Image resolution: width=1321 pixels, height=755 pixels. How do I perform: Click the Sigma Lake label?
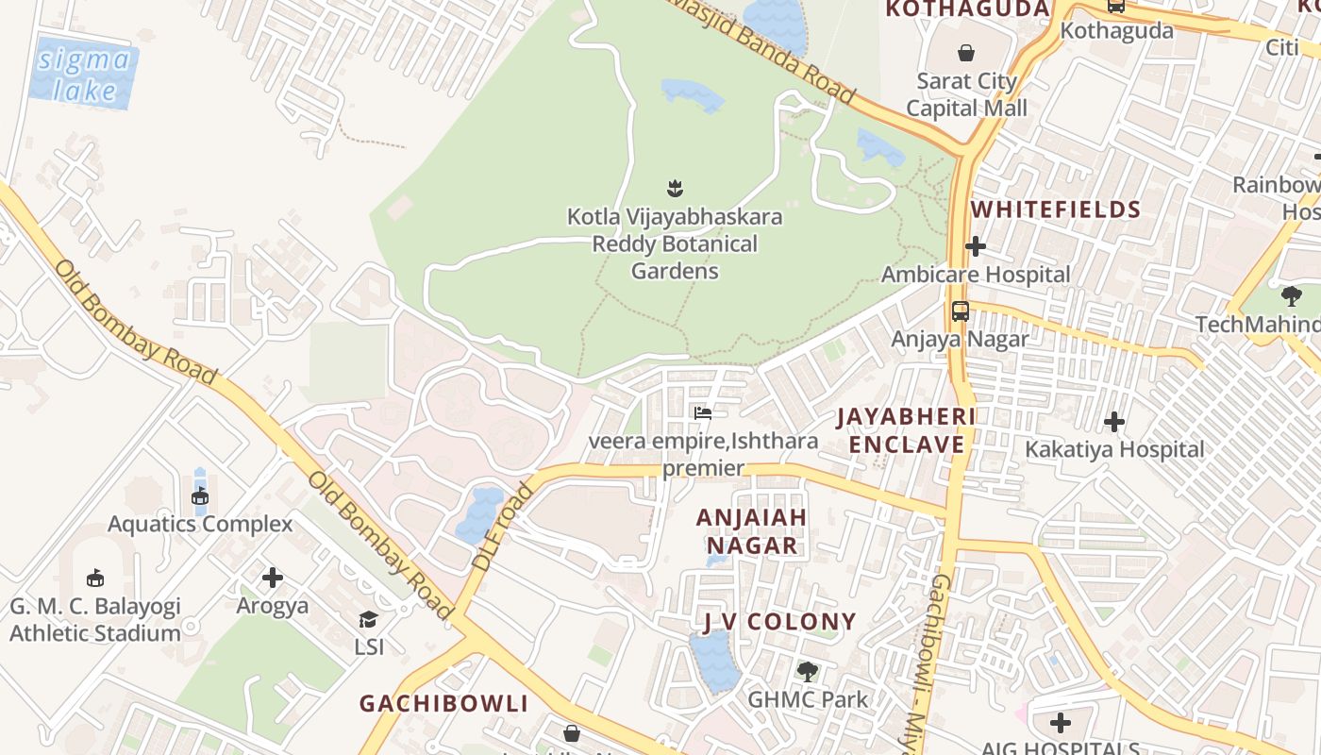[x=83, y=75]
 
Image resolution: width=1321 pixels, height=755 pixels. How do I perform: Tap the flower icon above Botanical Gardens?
[x=675, y=188]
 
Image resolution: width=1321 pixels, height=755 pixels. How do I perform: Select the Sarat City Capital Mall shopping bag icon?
[x=966, y=53]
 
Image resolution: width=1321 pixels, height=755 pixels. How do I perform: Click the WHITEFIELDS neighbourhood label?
[x=1056, y=210]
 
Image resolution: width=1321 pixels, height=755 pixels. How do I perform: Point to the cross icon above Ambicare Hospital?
[x=976, y=247]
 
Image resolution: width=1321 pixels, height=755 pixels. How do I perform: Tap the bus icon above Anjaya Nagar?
[x=961, y=311]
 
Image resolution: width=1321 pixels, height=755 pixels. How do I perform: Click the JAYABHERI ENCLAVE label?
[x=906, y=430]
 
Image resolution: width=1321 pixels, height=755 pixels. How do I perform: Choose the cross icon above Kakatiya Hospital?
[x=1114, y=422]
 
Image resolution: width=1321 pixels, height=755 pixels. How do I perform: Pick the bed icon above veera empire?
[x=702, y=412]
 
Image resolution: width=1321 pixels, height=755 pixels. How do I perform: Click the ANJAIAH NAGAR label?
[x=751, y=531]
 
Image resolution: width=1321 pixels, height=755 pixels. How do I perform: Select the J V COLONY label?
[x=779, y=622]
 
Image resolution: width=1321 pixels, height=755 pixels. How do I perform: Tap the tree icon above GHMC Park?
[x=807, y=672]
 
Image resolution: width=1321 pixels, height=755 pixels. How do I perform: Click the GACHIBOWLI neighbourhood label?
[x=443, y=703]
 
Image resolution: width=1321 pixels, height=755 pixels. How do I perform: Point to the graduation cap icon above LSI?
[x=368, y=619]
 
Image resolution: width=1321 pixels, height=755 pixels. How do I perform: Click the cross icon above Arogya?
[x=273, y=578]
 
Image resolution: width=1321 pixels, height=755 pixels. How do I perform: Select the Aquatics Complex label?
[x=200, y=524]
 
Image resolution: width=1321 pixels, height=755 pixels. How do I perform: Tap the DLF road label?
[x=502, y=527]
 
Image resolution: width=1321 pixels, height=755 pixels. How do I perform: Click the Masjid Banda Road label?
[x=764, y=52]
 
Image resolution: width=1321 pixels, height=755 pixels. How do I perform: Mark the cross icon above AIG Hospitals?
[x=1061, y=724]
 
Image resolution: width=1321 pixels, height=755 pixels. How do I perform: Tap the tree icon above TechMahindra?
[x=1291, y=296]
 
